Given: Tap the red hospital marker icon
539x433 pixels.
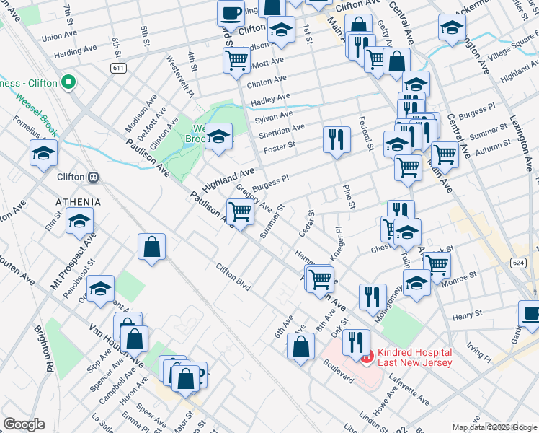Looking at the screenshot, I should click(x=367, y=356).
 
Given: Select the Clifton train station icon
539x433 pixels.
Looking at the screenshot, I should click(x=93, y=177).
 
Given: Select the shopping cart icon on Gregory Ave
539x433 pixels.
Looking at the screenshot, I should click(x=241, y=211).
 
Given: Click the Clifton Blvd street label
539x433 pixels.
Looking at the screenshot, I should click(x=233, y=276).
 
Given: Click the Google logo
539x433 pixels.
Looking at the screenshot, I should click(x=24, y=424).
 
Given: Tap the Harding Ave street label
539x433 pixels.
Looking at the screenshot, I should click(x=75, y=51).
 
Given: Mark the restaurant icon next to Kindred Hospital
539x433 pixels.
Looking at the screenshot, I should click(x=355, y=342).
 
